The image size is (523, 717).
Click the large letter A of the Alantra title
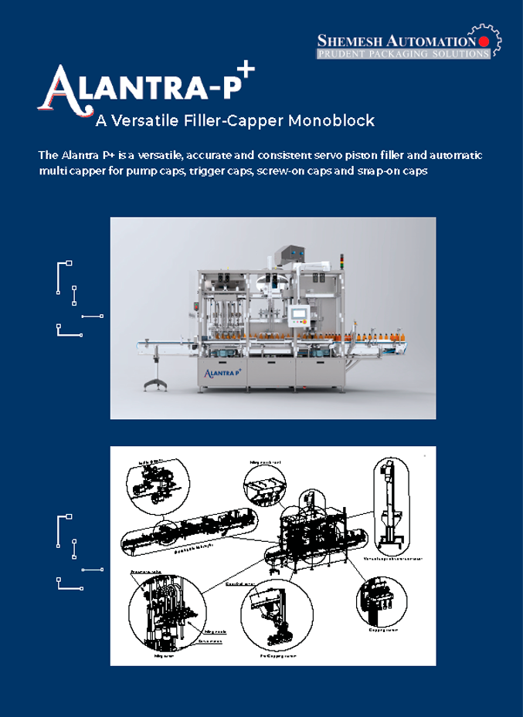pyautogui.click(x=58, y=87)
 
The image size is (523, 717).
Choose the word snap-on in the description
pyautogui.click(x=379, y=170)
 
